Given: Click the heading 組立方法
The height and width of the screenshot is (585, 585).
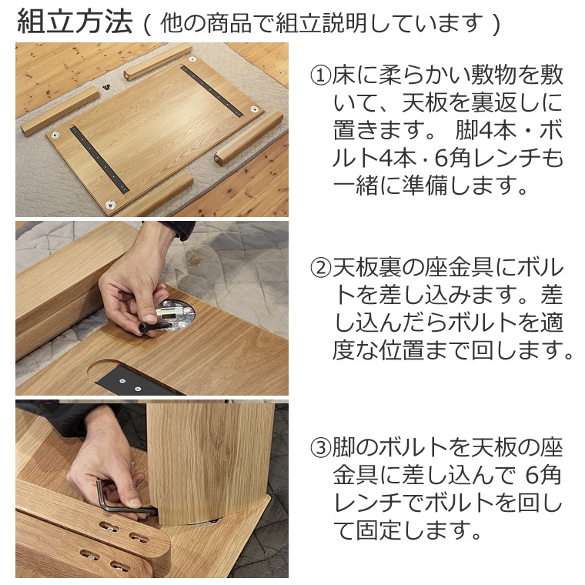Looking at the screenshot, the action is pos(75,22).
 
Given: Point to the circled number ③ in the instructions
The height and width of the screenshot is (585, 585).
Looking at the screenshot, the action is pos(320,448).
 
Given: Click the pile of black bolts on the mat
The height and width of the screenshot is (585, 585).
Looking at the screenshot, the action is pos(106,87).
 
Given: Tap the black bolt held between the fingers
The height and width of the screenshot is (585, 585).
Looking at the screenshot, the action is pos(154,326).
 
